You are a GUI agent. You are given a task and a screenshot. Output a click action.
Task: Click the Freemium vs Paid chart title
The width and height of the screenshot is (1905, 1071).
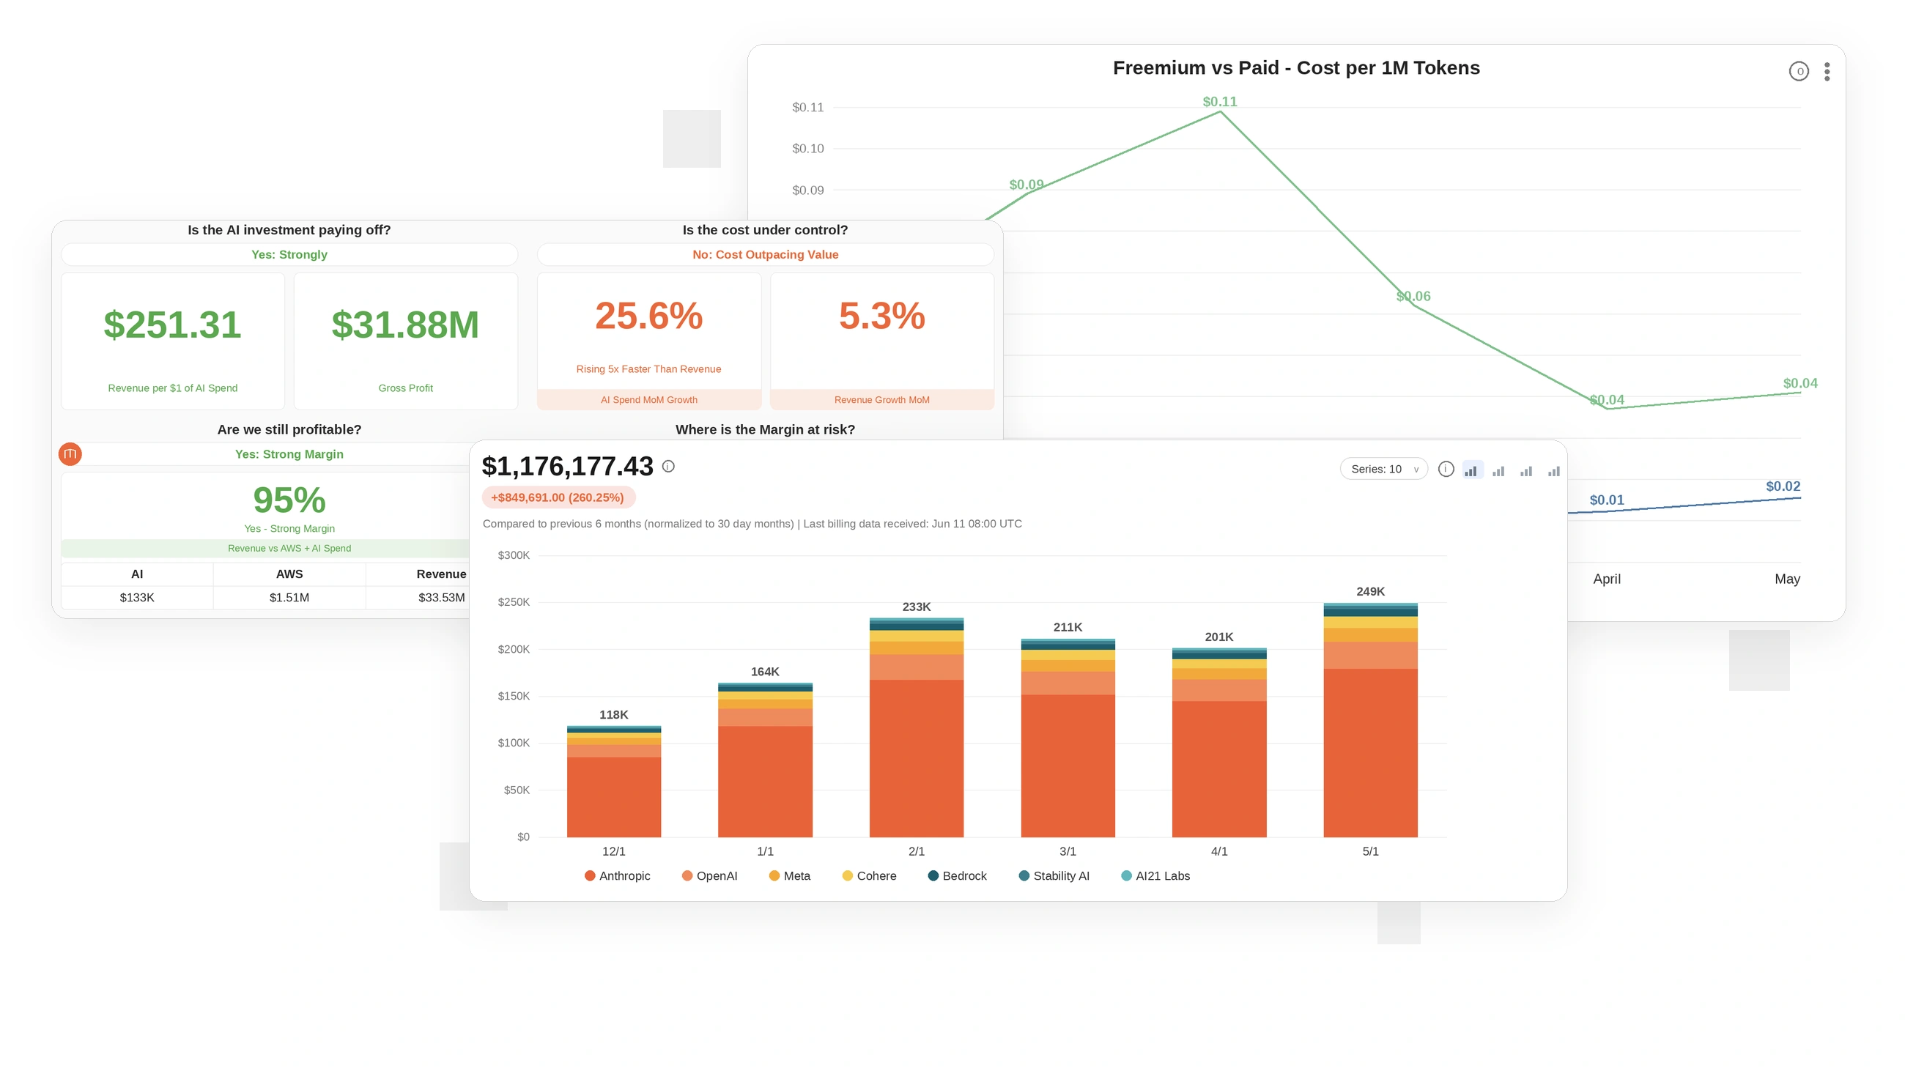click(1295, 68)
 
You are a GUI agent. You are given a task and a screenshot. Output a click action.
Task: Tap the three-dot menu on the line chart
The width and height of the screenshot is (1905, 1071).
click(1827, 72)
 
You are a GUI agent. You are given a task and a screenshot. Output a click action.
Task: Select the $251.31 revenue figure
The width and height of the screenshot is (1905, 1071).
click(172, 325)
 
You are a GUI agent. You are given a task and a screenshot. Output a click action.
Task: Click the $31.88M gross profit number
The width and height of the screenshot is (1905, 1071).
click(405, 325)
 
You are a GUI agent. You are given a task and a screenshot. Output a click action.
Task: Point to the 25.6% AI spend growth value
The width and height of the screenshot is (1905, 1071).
click(648, 316)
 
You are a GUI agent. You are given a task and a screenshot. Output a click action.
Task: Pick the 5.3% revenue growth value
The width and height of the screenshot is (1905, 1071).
click(881, 316)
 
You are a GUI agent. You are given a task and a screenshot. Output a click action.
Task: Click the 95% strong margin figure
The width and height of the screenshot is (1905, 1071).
click(289, 500)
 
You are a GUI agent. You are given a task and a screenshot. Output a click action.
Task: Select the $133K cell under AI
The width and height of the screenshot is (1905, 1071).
click(137, 597)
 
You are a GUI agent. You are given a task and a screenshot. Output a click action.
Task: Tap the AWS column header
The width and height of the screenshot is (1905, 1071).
click(289, 574)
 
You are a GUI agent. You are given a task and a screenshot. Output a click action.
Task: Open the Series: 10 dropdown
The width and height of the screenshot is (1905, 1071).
click(1383, 469)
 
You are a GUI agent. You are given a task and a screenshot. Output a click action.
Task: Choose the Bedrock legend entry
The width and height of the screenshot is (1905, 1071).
click(957, 876)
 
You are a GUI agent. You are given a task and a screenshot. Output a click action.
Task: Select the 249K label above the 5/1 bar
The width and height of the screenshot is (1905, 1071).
click(1370, 591)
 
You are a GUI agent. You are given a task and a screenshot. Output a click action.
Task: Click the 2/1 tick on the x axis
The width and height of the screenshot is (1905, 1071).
click(917, 851)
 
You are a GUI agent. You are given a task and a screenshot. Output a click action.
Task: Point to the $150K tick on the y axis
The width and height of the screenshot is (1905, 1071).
click(513, 696)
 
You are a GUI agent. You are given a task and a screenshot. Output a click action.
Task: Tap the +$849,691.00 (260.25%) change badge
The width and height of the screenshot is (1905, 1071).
click(558, 497)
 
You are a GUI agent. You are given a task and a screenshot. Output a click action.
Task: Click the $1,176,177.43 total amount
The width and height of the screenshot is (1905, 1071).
click(567, 467)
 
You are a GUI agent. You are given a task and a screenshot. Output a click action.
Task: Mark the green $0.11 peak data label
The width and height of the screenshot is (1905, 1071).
click(1219, 102)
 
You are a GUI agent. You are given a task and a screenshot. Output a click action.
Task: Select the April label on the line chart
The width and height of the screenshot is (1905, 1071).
click(1606, 579)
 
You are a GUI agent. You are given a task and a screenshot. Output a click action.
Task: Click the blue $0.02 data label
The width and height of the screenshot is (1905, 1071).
click(1783, 486)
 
